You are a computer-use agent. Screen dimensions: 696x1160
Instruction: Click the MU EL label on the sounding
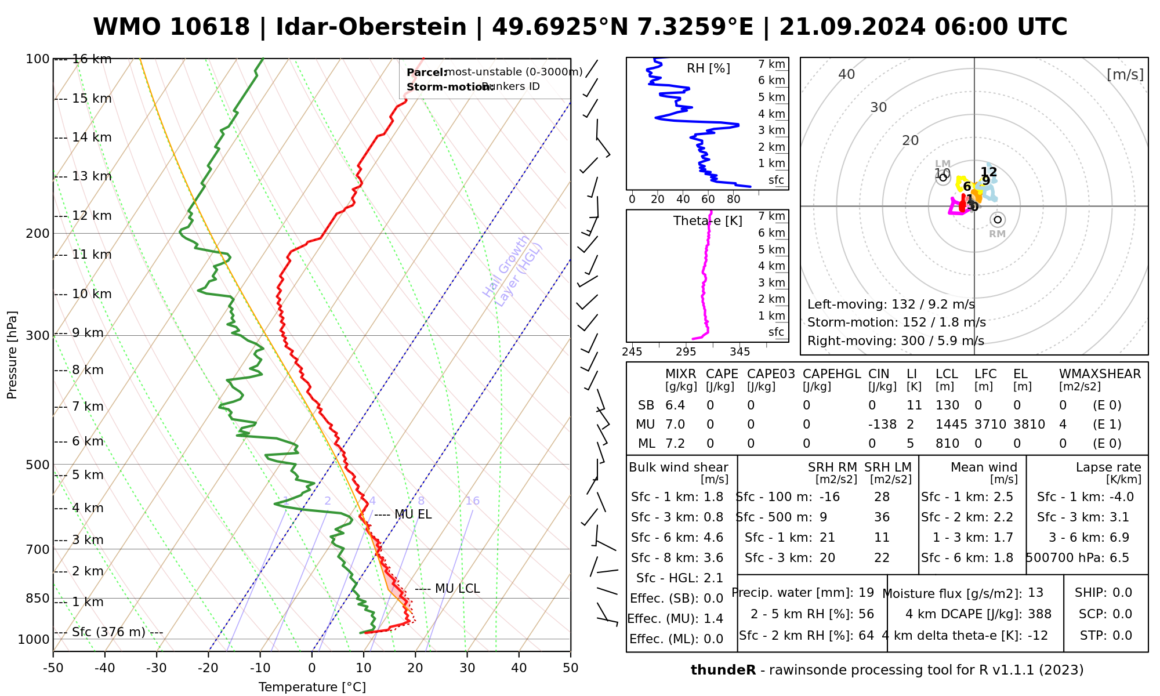pyautogui.click(x=412, y=514)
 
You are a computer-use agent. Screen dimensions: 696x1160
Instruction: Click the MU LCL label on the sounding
pyautogui.click(x=457, y=589)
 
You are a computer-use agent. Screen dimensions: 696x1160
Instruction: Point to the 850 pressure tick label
pyautogui.click(x=38, y=598)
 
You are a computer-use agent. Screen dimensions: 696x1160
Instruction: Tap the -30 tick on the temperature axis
pyautogui.click(x=157, y=668)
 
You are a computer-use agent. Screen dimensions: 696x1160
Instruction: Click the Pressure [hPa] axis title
pyautogui.click(x=12, y=355)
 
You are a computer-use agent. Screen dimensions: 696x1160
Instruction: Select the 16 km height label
pyautogui.click(x=92, y=59)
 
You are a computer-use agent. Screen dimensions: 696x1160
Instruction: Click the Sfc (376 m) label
pyautogui.click(x=108, y=632)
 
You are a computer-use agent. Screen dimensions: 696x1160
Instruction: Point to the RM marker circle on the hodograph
pyautogui.click(x=998, y=220)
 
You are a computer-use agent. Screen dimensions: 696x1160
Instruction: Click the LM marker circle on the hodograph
pyautogui.click(x=943, y=177)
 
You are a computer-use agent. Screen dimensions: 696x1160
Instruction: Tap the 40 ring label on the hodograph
pyautogui.click(x=847, y=74)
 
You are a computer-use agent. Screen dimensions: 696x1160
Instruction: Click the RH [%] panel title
pyautogui.click(x=708, y=68)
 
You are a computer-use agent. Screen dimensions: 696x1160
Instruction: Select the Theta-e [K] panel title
pyautogui.click(x=708, y=221)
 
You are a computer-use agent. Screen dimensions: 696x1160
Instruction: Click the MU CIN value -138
pyautogui.click(x=882, y=425)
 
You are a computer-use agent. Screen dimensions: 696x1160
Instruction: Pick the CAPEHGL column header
pyautogui.click(x=832, y=374)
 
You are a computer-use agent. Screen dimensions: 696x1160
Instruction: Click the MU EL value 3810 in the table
pyautogui.click(x=1029, y=425)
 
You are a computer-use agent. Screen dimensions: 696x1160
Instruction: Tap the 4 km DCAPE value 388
pyautogui.click(x=1039, y=614)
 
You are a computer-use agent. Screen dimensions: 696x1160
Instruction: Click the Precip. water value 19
pyautogui.click(x=866, y=593)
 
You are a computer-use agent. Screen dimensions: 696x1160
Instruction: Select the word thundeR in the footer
pyautogui.click(x=723, y=670)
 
